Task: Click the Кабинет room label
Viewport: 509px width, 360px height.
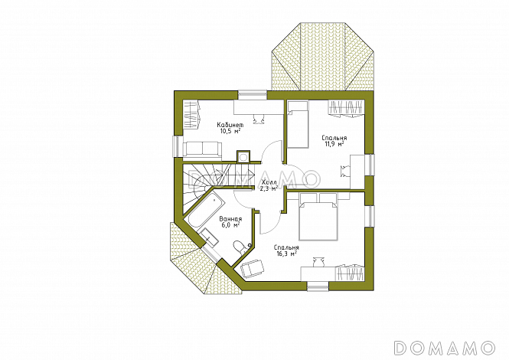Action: [230, 125]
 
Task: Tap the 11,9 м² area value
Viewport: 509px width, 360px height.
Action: [334, 143]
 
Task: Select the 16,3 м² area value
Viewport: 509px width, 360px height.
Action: [287, 254]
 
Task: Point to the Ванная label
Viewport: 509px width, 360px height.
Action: [230, 218]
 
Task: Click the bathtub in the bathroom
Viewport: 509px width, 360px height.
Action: [206, 209]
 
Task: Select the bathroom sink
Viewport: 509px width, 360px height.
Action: [209, 237]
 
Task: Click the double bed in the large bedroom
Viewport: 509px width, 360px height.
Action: [318, 217]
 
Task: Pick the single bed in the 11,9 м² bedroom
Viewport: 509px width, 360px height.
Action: [298, 125]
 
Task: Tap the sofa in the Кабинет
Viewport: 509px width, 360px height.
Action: [203, 149]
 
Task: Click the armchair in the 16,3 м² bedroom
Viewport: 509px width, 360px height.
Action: [253, 269]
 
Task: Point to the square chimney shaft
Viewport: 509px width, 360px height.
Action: [243, 157]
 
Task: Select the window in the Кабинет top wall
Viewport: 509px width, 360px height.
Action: [253, 94]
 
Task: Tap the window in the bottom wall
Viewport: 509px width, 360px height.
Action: [318, 286]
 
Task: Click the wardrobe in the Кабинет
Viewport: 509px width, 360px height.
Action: [191, 115]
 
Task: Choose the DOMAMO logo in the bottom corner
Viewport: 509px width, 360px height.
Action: [444, 348]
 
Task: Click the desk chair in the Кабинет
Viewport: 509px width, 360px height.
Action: [259, 119]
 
